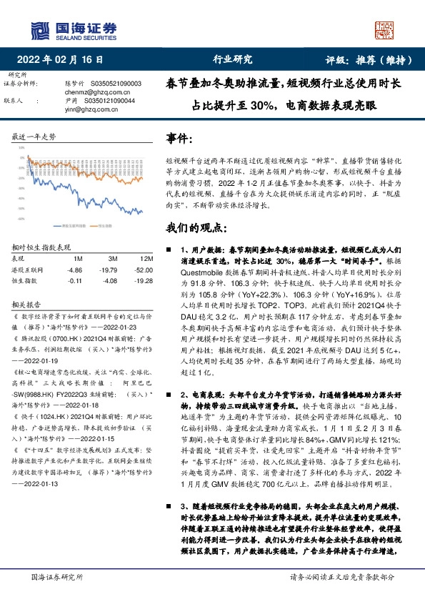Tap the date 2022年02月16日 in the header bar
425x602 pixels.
point(64,60)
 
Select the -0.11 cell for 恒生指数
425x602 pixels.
point(74,282)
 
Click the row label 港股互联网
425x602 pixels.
point(28,270)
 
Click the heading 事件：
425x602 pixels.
point(181,137)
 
